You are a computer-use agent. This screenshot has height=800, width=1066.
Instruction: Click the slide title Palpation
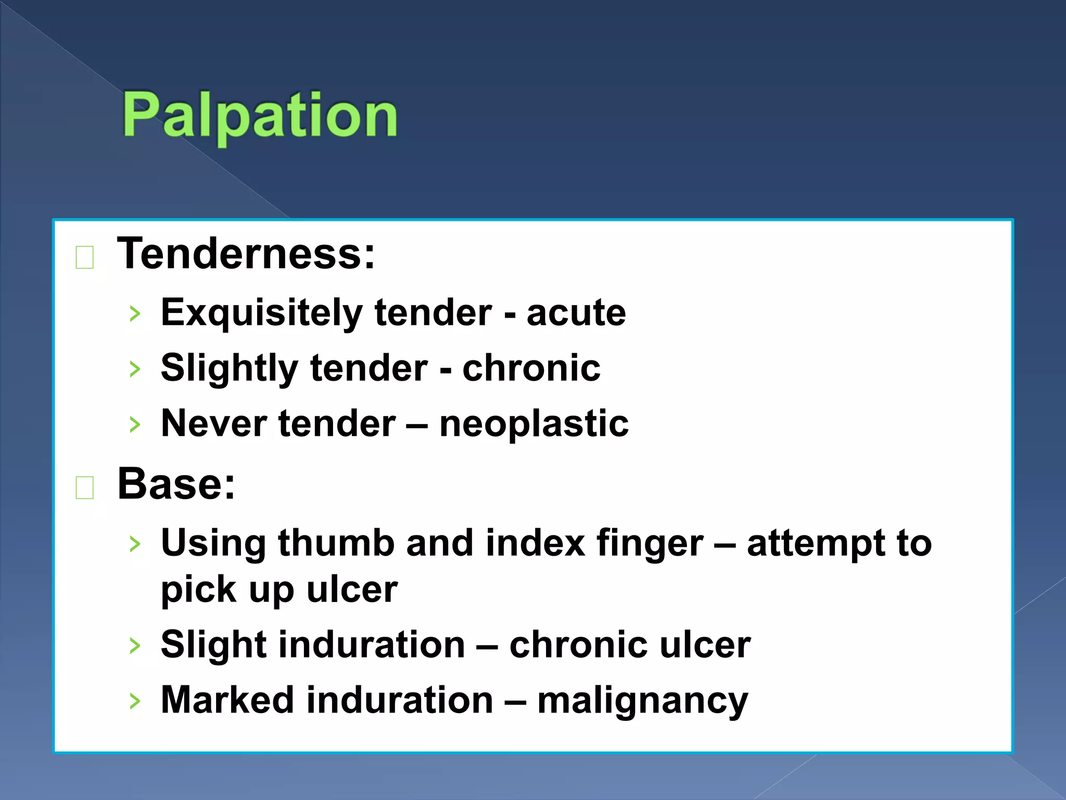pyautogui.click(x=260, y=115)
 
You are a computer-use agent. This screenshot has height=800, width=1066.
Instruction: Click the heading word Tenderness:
pyautogui.click(x=246, y=254)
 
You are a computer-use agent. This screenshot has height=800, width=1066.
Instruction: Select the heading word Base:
pyautogui.click(x=176, y=484)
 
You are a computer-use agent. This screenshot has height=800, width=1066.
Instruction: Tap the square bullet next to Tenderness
pyautogui.click(x=85, y=257)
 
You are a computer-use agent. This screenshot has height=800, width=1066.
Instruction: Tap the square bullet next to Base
pyautogui.click(x=85, y=488)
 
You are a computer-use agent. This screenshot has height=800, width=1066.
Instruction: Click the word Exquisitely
pyautogui.click(x=261, y=314)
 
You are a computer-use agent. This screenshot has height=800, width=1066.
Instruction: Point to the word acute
pyautogui.click(x=576, y=314)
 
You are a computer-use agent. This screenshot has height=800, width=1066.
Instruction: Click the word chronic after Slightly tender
pyautogui.click(x=531, y=368)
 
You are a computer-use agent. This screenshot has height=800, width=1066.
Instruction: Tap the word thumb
pyautogui.click(x=336, y=543)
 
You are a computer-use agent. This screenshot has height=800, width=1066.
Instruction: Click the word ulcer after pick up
pyautogui.click(x=352, y=590)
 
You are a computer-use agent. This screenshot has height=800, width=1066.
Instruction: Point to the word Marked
pyautogui.click(x=227, y=699)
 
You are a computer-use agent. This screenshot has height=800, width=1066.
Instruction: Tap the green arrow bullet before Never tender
pyautogui.click(x=135, y=424)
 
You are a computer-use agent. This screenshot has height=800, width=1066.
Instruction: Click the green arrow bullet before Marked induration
pyautogui.click(x=135, y=701)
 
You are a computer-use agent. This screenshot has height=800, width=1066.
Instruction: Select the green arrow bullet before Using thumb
pyautogui.click(x=135, y=544)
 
